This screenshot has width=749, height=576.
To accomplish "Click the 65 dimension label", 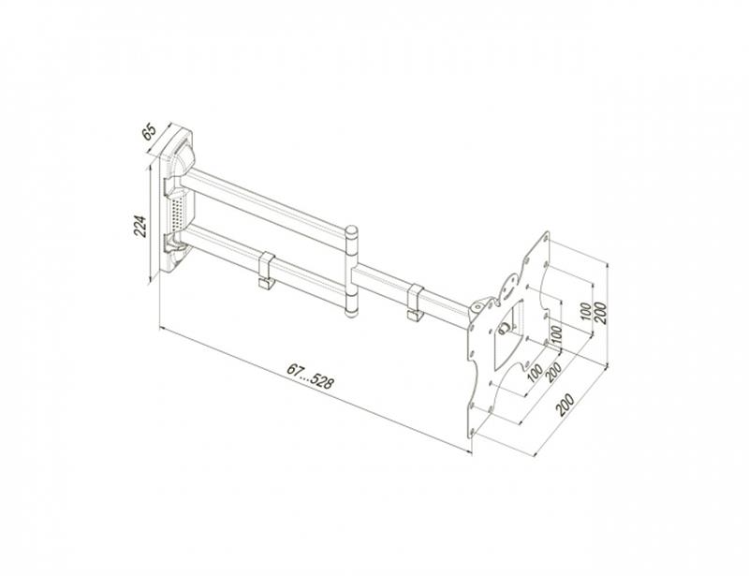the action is point(150,130).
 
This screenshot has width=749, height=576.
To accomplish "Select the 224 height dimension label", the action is point(140,226).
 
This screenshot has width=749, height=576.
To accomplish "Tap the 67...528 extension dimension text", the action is point(311,376).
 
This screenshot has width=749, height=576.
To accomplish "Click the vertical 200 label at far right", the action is point(602,313).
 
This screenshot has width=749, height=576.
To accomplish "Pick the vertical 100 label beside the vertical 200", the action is point(586,313).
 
